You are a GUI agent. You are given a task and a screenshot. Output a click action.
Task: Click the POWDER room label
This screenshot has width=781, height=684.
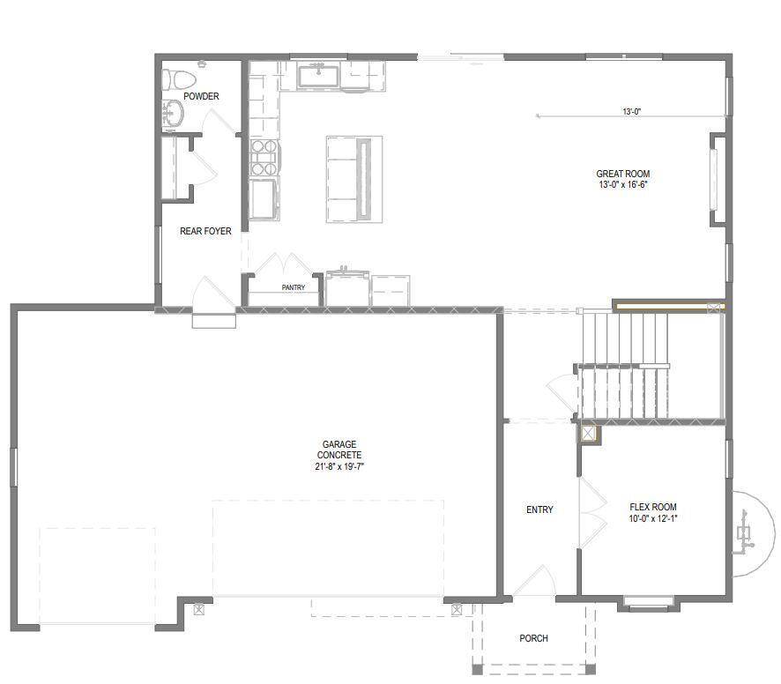(201, 96)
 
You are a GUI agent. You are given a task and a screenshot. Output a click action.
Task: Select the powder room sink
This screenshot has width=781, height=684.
(173, 114)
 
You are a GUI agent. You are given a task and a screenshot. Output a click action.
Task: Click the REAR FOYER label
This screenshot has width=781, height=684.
(205, 232)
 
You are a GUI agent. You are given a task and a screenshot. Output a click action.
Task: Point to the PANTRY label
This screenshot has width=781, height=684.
(294, 287)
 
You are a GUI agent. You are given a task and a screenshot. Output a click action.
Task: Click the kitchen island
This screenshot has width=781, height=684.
(353, 178)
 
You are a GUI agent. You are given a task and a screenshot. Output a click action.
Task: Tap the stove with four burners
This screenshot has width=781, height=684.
(264, 159)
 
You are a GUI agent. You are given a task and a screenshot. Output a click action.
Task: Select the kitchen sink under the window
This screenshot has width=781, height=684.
(320, 76)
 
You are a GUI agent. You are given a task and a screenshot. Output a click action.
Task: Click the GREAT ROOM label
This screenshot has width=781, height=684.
(622, 175)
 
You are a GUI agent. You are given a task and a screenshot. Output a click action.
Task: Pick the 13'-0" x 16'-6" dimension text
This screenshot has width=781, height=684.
(622, 185)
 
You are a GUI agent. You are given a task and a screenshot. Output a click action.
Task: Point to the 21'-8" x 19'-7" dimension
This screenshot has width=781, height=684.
(339, 467)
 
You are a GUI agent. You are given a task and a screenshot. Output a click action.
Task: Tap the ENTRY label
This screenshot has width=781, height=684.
(539, 510)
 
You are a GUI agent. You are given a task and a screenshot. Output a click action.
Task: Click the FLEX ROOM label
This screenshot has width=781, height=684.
(653, 507)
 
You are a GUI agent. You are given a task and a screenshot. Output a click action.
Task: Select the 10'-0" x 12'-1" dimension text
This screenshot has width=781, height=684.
(653, 518)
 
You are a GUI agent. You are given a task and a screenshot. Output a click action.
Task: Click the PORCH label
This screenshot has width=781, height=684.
(533, 638)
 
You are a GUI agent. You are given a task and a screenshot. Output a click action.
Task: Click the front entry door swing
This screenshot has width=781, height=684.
(534, 582)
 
